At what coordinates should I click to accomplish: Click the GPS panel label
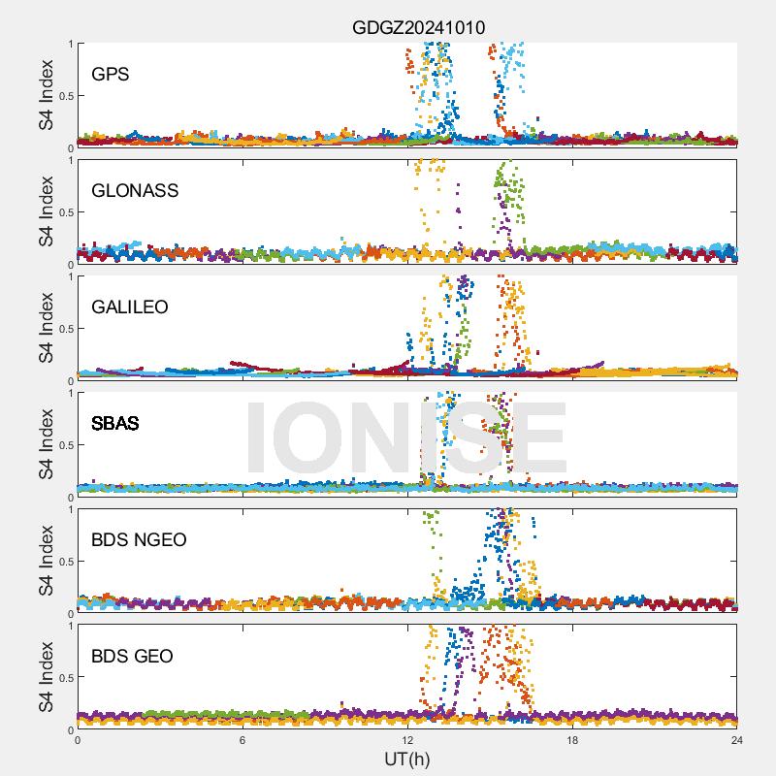click(111, 75)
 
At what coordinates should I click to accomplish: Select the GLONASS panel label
click(135, 191)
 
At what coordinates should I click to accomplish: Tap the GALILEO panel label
click(129, 307)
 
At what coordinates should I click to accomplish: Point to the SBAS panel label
click(114, 424)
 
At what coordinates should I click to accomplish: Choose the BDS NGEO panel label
click(139, 540)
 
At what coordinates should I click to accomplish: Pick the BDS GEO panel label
click(132, 657)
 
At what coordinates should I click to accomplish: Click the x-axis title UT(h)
click(406, 759)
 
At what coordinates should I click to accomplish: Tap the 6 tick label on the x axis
click(242, 740)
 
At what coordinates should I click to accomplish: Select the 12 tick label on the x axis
click(407, 740)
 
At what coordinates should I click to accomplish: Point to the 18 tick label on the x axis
click(572, 740)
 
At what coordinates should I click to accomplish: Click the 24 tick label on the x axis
click(737, 740)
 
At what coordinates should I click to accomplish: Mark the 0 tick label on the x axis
click(78, 740)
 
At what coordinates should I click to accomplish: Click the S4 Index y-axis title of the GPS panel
click(46, 95)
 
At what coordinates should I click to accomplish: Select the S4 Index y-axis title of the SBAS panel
click(46, 444)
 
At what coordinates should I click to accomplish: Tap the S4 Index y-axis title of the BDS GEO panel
click(46, 677)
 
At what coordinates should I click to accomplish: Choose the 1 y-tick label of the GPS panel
click(69, 44)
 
